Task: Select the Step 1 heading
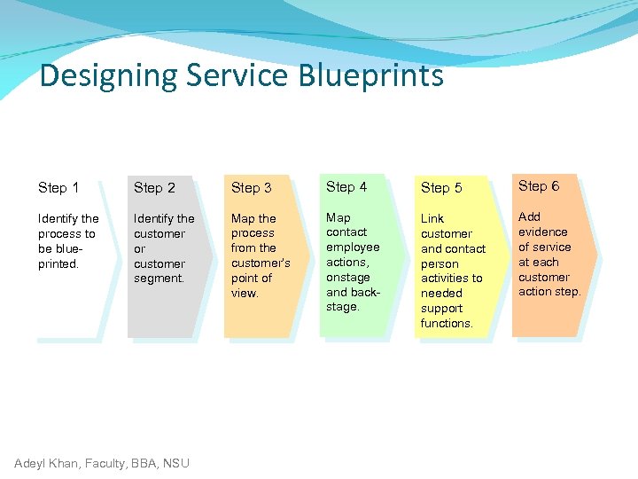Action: tap(58, 187)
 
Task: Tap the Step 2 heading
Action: tap(154, 188)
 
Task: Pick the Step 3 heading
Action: tap(251, 188)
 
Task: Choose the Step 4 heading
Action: tap(346, 186)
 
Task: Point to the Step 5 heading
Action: tap(441, 188)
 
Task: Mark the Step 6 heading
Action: tap(539, 185)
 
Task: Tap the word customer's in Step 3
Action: tap(261, 263)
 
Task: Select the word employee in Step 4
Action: tap(353, 247)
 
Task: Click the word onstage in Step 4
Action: tap(347, 277)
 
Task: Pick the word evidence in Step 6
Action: tap(542, 232)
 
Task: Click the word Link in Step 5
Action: tap(432, 218)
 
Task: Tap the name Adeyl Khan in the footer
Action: tap(48, 462)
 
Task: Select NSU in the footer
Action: tap(175, 462)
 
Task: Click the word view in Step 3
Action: tap(244, 293)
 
